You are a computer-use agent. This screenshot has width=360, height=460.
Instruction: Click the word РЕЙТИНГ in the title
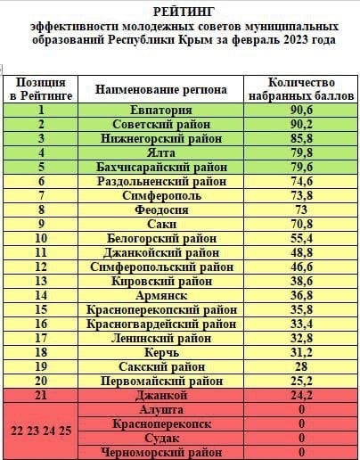184,12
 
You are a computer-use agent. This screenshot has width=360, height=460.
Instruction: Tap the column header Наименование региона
161,89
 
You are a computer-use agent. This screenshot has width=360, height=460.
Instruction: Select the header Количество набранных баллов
301,89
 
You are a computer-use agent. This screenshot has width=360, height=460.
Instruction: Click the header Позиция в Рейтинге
41,89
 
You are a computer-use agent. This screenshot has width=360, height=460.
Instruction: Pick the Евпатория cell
161,110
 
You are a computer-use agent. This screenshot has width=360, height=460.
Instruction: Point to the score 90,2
301,124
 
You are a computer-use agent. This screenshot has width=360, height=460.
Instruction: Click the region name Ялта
161,152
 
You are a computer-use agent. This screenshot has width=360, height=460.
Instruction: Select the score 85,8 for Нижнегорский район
301,138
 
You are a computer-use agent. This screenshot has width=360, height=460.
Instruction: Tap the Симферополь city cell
161,195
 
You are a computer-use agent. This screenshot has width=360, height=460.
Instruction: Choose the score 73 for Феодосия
301,209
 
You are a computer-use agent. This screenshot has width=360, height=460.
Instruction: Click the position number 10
41,238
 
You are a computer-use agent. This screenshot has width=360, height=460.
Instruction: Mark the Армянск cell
161,295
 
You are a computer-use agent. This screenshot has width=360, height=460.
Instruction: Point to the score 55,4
301,238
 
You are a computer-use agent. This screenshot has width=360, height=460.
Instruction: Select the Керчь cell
161,352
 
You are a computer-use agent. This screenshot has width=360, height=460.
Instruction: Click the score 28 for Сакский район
301,366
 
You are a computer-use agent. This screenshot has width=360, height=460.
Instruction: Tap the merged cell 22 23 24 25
41,431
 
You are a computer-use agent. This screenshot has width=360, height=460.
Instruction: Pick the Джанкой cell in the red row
161,395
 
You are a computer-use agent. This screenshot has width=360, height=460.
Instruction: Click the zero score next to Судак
301,438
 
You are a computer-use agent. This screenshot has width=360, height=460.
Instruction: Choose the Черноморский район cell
161,452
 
